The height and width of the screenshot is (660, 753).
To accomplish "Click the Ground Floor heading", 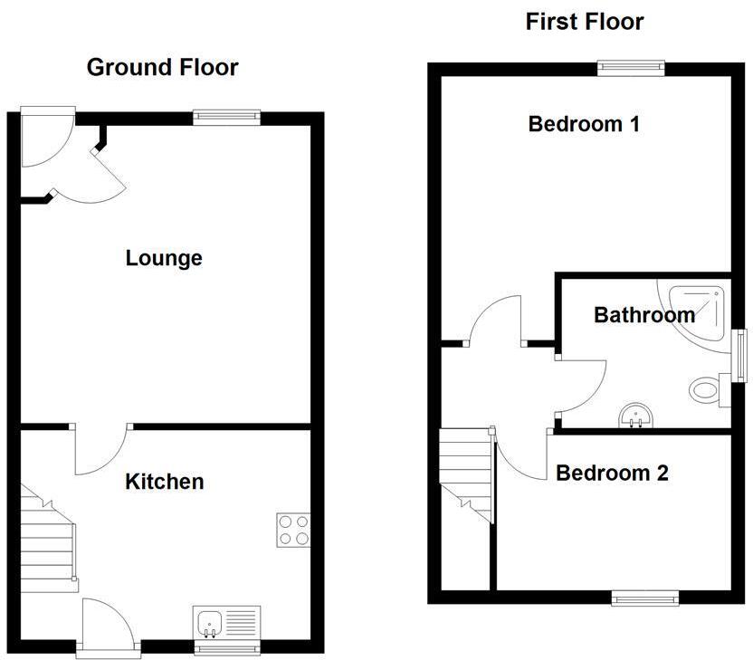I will (162, 67).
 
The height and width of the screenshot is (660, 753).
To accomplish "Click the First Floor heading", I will (585, 22).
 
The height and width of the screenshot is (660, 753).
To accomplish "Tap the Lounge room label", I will (164, 259).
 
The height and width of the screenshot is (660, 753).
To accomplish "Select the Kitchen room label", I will (164, 482).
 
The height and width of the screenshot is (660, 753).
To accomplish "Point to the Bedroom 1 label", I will (584, 124).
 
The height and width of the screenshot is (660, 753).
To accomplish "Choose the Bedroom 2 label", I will (612, 473).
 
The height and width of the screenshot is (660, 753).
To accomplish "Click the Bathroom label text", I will (643, 315).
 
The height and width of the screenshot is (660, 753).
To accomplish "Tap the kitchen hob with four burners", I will (292, 530).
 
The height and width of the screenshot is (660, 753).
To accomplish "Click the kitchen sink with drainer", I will (227, 623).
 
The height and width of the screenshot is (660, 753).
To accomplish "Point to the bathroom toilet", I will (704, 391).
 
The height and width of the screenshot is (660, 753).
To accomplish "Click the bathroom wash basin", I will (637, 416).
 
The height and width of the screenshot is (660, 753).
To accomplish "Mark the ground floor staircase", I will (47, 535).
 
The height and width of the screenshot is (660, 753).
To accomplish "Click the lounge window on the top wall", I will (227, 116).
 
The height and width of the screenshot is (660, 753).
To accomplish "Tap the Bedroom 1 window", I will (631, 67).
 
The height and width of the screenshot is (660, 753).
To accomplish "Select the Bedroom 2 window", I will (644, 597).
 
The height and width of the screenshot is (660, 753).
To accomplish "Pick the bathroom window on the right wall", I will (739, 356).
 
